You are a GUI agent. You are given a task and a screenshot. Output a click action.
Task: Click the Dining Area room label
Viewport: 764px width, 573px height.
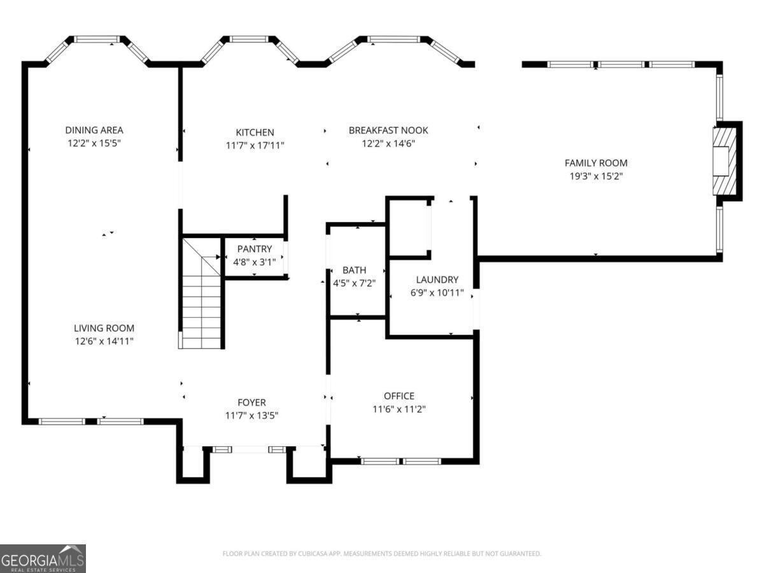click(94, 130)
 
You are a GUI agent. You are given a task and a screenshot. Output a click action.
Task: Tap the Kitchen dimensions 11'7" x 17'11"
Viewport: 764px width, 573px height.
click(255, 145)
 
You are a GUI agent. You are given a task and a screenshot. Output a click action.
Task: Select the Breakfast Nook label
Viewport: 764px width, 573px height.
click(388, 130)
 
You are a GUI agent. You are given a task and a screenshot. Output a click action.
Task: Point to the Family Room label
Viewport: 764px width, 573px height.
click(596, 163)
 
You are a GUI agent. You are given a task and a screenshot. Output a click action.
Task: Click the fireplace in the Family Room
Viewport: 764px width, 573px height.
click(725, 161)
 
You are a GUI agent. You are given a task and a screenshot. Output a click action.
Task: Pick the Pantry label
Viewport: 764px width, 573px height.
click(255, 249)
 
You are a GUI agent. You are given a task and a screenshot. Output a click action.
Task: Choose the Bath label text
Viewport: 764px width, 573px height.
click(355, 270)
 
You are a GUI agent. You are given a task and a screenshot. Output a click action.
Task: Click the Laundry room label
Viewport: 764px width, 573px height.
click(437, 279)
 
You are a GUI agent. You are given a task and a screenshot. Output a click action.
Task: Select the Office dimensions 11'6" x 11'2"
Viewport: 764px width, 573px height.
click(399, 409)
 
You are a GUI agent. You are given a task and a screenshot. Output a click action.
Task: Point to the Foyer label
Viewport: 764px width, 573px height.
click(251, 402)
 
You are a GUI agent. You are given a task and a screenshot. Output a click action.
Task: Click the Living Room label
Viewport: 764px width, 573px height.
click(104, 328)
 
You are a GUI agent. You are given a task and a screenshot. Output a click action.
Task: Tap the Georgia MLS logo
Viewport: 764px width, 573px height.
click(43, 558)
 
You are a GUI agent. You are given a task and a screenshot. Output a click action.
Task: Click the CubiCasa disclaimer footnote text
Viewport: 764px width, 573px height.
click(382, 553)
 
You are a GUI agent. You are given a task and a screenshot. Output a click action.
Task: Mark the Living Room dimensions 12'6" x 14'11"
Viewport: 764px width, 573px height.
click(104, 341)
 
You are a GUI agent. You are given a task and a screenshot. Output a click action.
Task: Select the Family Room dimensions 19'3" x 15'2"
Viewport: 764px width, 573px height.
click(596, 176)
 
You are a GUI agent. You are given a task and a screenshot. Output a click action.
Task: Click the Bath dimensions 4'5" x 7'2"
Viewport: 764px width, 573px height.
click(355, 283)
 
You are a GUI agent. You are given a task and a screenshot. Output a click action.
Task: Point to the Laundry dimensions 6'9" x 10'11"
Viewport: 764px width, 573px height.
click(437, 293)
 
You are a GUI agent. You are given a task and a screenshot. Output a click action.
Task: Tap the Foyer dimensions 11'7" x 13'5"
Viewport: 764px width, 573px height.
click(251, 415)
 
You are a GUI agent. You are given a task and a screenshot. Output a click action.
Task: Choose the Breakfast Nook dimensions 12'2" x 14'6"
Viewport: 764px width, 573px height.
click(388, 143)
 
